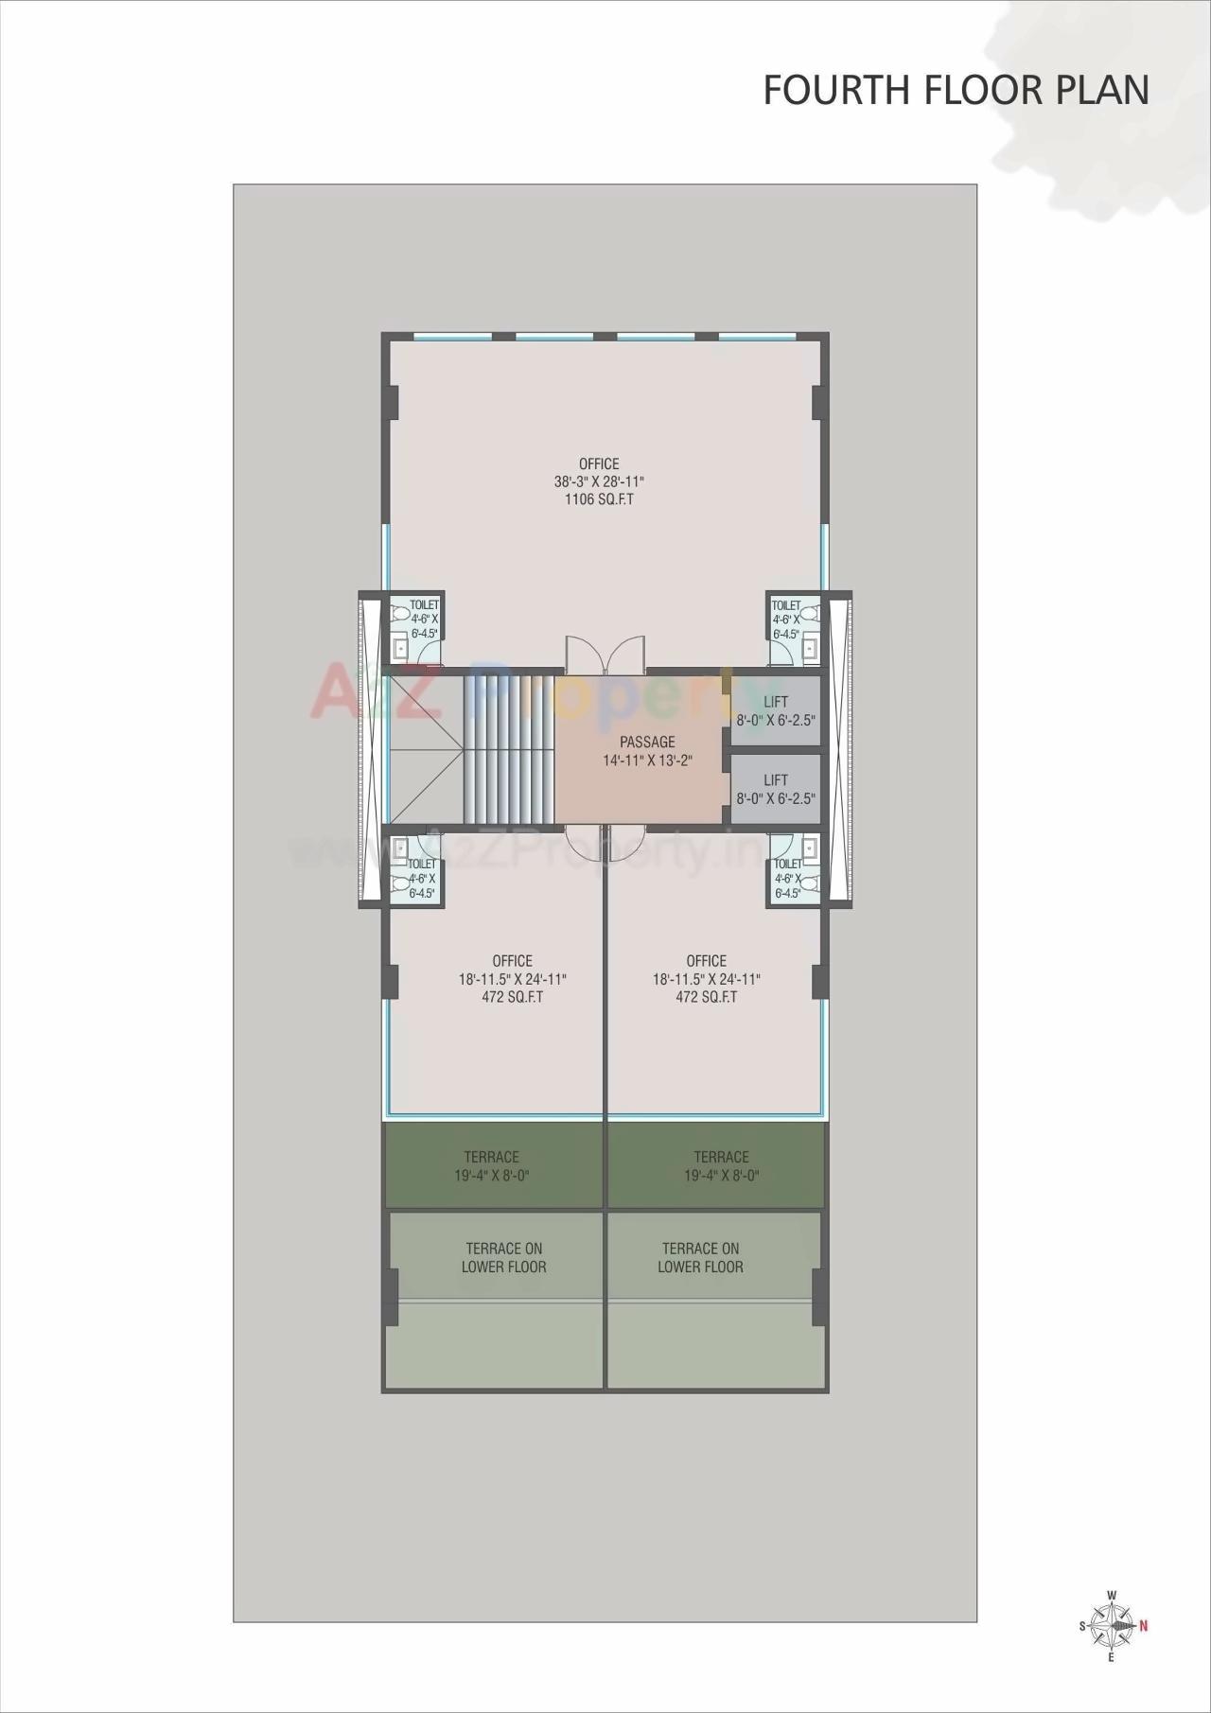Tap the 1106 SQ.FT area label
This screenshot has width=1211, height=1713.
click(599, 499)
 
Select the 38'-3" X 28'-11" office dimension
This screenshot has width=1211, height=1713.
click(599, 481)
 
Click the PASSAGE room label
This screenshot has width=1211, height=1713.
click(647, 742)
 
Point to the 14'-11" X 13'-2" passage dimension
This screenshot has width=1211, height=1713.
click(648, 760)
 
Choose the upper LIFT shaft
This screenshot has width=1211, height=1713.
click(776, 710)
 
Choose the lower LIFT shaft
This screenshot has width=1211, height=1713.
click(776, 789)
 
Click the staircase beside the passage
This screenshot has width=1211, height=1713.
click(509, 747)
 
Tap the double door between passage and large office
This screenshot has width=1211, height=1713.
click(605, 655)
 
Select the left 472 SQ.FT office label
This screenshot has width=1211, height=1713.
click(512, 997)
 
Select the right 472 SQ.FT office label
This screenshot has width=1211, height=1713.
click(706, 997)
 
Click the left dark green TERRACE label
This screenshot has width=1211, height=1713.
click(491, 1157)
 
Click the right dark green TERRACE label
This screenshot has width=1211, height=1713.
click(721, 1157)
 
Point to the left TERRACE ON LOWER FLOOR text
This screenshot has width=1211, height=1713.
click(504, 1258)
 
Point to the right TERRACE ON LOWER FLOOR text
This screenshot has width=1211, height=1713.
click(700, 1258)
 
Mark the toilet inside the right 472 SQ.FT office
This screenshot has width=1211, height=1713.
click(794, 869)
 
